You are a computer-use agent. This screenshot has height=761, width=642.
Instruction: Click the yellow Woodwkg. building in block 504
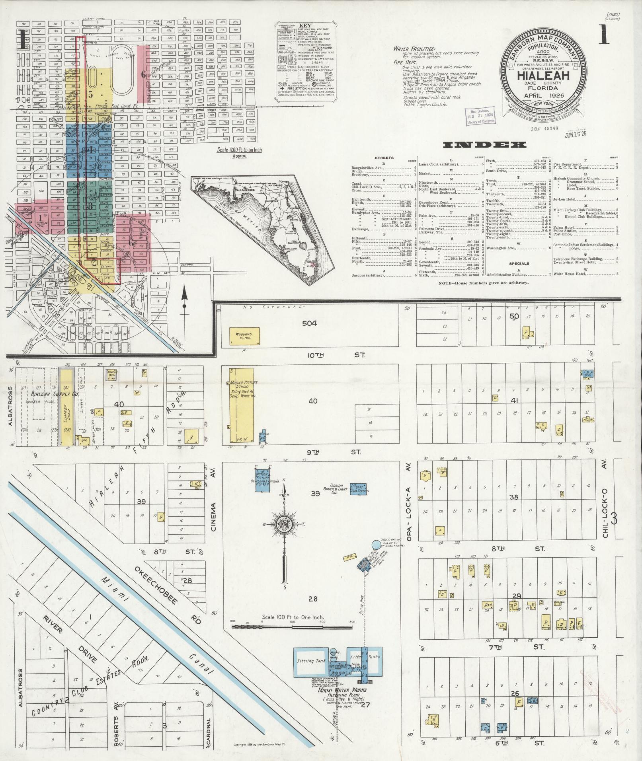[245, 336]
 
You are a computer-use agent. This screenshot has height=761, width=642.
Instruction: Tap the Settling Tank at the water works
[311, 661]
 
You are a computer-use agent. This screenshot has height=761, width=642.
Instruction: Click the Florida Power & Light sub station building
[358, 489]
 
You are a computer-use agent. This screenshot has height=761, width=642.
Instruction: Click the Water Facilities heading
[414, 49]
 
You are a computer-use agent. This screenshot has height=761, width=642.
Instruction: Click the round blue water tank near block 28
[376, 544]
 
